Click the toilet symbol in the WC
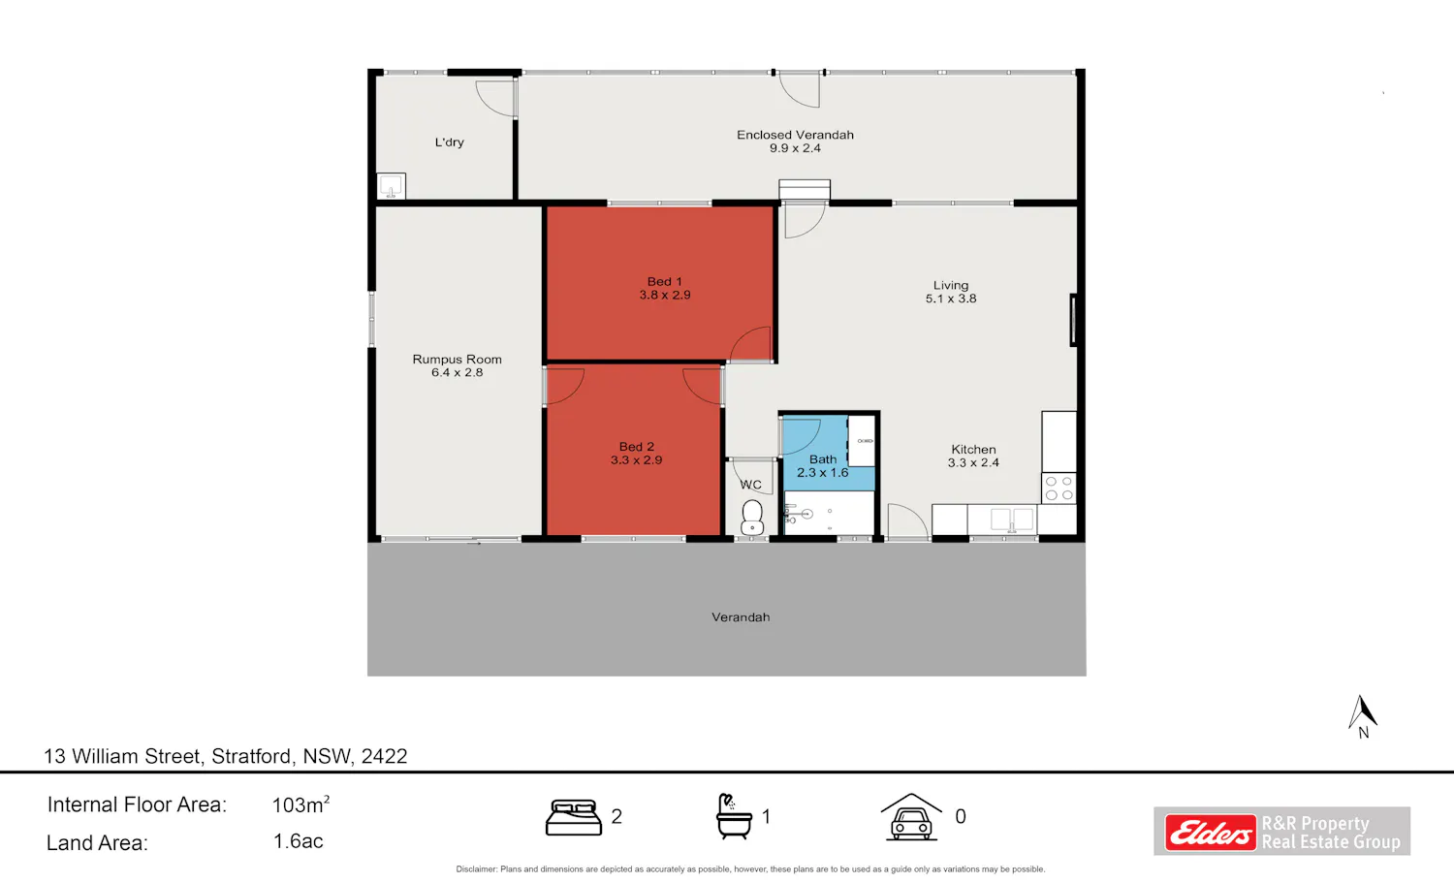(x=752, y=518)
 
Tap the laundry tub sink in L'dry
(x=392, y=186)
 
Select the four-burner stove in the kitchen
(x=1059, y=489)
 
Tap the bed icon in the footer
(x=573, y=817)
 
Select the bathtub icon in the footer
(x=734, y=816)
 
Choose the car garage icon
(x=911, y=817)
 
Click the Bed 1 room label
(x=665, y=282)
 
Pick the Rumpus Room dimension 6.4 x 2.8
(x=457, y=372)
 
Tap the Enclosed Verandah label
(x=795, y=135)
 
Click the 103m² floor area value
(x=300, y=804)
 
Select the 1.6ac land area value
(x=298, y=841)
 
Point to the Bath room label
(x=823, y=459)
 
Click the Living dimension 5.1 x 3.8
(x=951, y=299)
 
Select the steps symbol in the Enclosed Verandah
(x=805, y=190)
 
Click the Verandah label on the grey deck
(x=741, y=617)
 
